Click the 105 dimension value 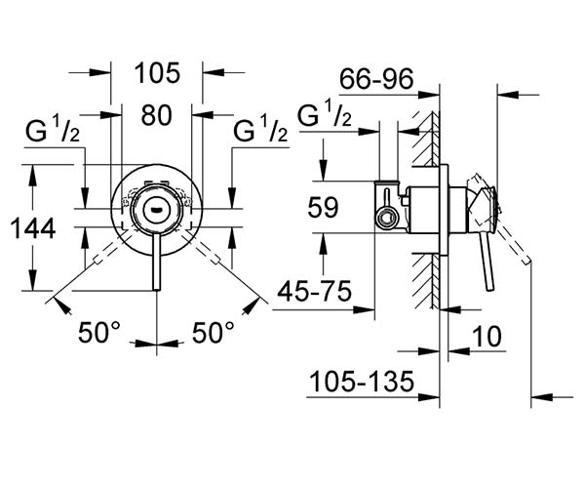coord(157,73)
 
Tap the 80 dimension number coord(156,115)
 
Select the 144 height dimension coord(33,228)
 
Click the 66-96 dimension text coord(376,79)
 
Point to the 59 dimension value coord(323,207)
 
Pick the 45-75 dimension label coord(315,291)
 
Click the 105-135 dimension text coord(362,382)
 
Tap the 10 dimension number coord(487,336)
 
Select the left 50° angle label coord(99,332)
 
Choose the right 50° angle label coord(213,332)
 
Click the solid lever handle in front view coord(157,263)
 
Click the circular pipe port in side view coord(386,219)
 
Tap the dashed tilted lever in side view coord(514,244)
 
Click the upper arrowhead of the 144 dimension coord(33,173)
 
